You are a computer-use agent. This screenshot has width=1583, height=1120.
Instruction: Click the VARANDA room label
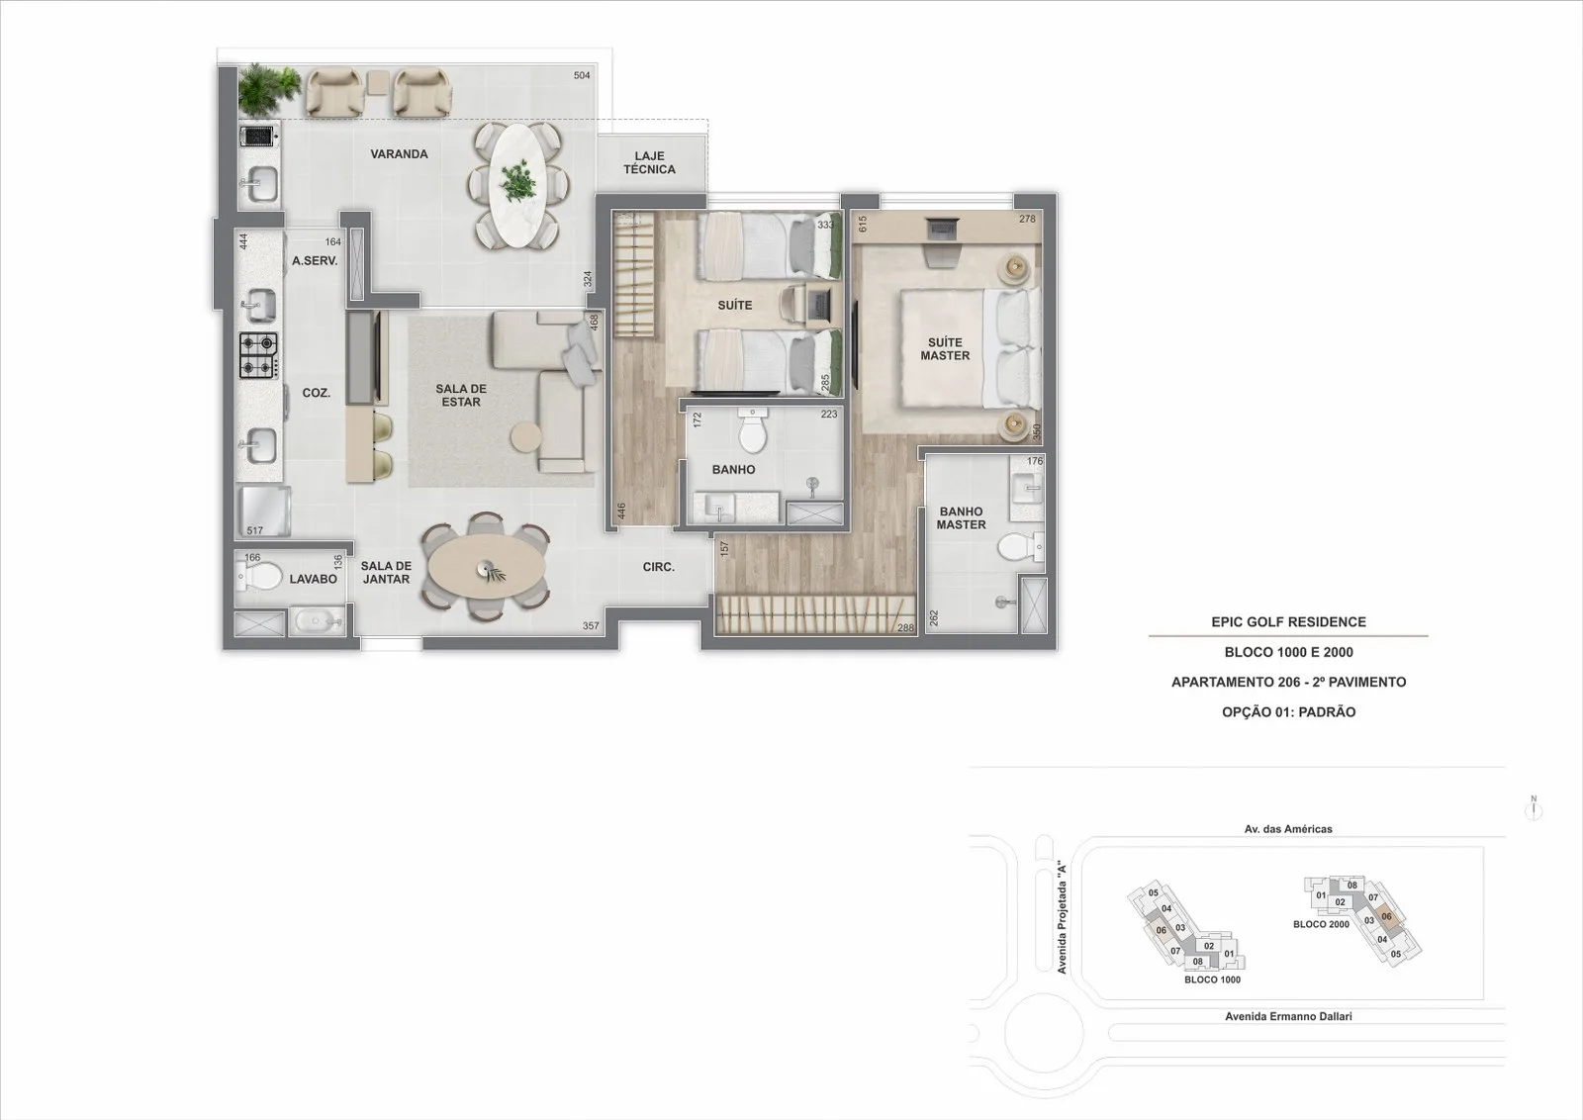click(399, 154)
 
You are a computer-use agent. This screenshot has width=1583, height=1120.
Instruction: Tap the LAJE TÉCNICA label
click(649, 162)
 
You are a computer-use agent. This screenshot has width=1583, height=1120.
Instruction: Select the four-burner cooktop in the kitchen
click(258, 355)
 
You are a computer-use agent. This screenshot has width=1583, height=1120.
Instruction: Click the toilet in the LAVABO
click(258, 576)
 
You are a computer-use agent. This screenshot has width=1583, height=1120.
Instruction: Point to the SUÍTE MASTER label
click(945, 349)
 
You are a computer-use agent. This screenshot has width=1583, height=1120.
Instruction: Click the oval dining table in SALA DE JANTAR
click(487, 568)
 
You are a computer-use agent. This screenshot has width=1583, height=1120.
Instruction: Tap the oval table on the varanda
click(518, 186)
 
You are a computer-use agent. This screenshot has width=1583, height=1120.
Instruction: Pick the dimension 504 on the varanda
click(582, 75)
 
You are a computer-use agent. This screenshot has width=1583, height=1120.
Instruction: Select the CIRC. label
click(659, 567)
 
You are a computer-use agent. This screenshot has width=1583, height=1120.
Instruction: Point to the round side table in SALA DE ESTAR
click(526, 436)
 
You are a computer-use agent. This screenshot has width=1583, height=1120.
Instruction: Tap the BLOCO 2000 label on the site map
click(1321, 924)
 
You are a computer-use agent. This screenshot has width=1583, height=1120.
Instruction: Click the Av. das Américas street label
click(1288, 829)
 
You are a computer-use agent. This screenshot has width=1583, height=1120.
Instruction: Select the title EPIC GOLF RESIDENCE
click(1288, 621)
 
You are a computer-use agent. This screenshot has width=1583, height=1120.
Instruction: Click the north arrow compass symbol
click(1534, 808)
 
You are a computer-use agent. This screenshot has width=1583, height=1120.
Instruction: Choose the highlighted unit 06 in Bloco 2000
click(1386, 916)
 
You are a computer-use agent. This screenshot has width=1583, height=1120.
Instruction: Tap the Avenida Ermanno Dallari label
click(1288, 1016)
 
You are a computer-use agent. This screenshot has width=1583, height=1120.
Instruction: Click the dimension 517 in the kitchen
click(255, 530)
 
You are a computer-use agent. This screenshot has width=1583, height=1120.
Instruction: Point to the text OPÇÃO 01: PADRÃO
click(1288, 712)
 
